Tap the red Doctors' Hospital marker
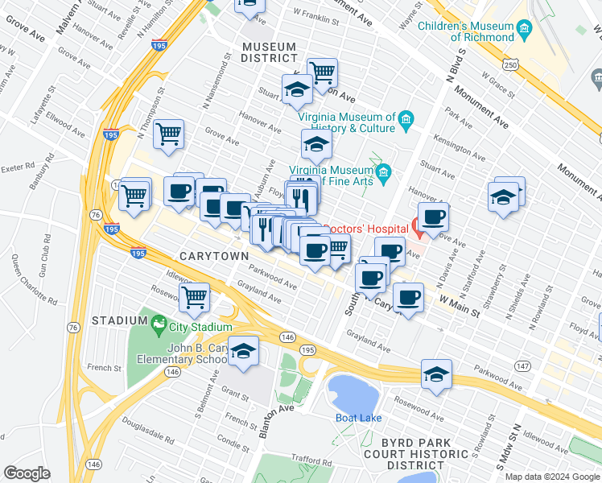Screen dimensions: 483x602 point(419,224)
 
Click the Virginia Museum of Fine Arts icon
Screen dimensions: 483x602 point(384,171)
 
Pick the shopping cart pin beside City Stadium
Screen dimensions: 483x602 point(194,297)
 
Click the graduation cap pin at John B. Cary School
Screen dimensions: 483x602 point(243,352)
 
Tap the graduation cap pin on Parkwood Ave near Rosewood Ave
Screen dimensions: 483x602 point(436,374)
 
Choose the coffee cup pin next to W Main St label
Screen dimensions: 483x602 point(408,299)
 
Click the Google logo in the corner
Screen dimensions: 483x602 point(27,473)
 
